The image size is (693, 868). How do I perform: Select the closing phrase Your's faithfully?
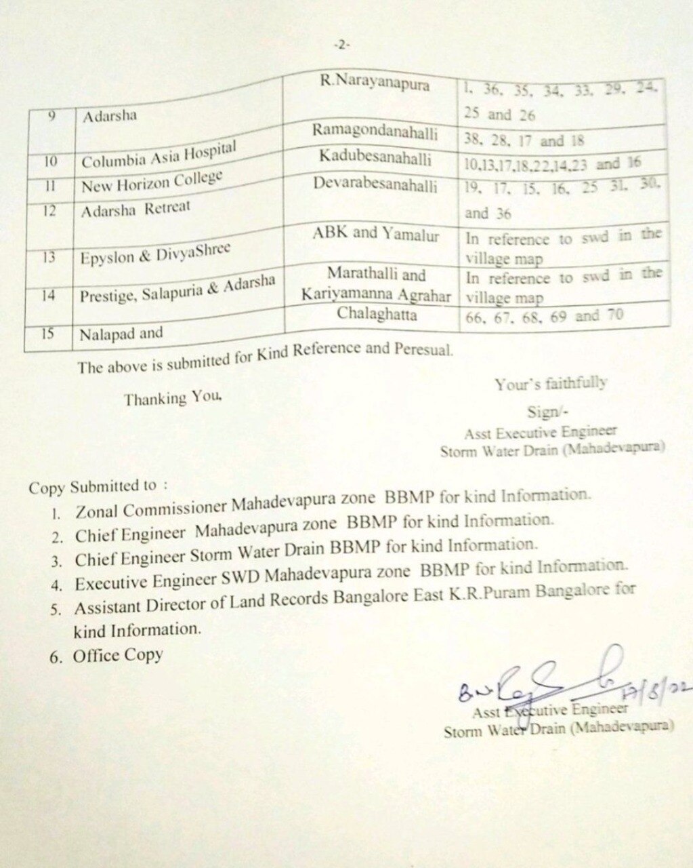[x=551, y=383]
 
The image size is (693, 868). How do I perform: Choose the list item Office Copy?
[x=119, y=655]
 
